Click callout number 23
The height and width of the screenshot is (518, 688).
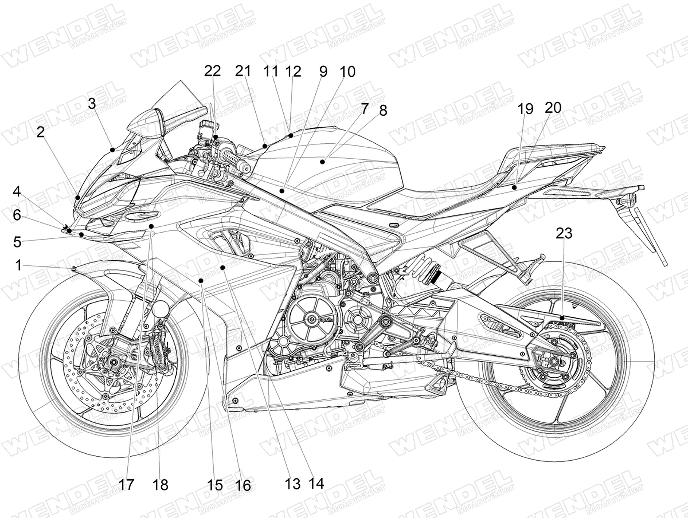pyautogui.click(x=564, y=234)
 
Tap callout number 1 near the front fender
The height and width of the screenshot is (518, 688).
pyautogui.click(x=18, y=265)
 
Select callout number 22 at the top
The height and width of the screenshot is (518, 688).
pyautogui.click(x=212, y=71)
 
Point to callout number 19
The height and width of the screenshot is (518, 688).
pyautogui.click(x=526, y=109)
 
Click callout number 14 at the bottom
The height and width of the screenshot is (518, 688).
pyautogui.click(x=316, y=483)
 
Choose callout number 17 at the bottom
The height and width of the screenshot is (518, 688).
pyautogui.click(x=127, y=485)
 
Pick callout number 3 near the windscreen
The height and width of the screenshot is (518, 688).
pyautogui.click(x=92, y=104)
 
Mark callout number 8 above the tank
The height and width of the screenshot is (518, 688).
pyautogui.click(x=383, y=111)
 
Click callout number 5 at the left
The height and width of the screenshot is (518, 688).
pyautogui.click(x=17, y=242)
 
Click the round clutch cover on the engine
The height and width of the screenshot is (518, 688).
pyautogui.click(x=310, y=319)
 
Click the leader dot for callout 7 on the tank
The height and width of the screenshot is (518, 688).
pyautogui.click(x=322, y=162)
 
